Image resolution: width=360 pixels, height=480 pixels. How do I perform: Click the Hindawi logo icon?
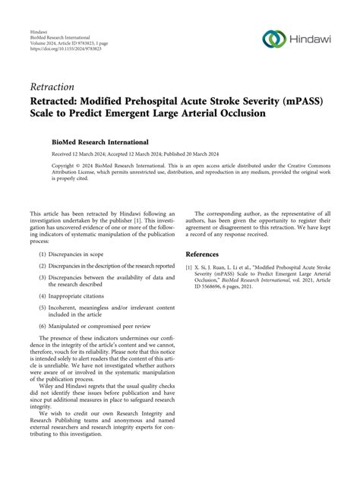point(273,38)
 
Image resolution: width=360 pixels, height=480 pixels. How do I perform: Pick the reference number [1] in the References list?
point(190,268)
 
